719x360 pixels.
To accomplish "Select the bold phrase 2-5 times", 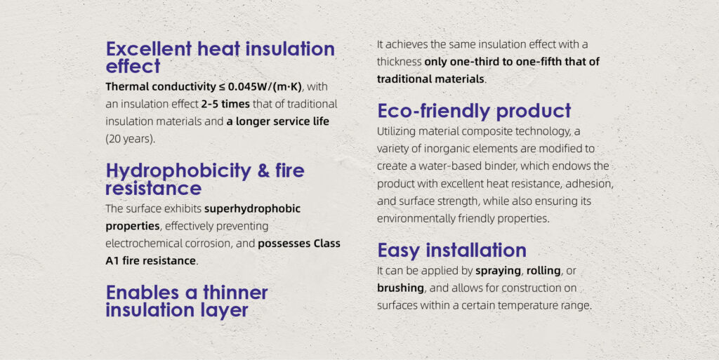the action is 225,104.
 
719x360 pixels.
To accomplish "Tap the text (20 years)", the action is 130,139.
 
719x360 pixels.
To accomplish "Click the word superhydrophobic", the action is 252,209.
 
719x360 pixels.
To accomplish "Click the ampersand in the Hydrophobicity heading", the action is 263,171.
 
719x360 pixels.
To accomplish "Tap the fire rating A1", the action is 112,261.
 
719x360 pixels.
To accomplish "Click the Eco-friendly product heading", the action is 474,112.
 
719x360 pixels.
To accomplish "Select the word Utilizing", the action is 395,132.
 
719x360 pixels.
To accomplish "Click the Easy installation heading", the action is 451,251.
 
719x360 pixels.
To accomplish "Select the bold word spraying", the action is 498,271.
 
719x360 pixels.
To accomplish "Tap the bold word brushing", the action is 400,288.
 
